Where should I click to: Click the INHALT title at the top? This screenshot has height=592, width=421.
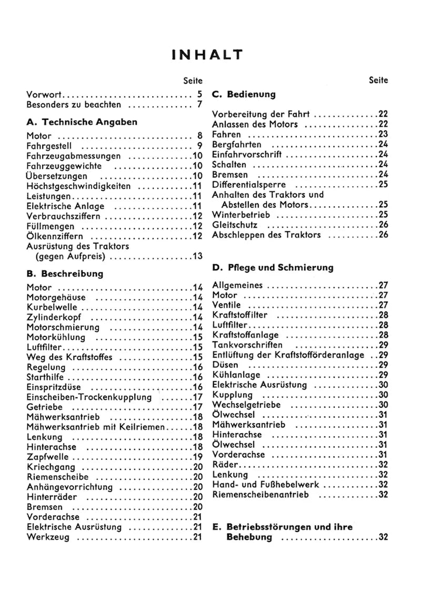click(207, 55)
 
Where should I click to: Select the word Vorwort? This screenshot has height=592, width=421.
click(45, 95)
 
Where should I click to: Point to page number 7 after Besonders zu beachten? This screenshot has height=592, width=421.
click(200, 105)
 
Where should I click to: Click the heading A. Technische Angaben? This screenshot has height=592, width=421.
click(82, 122)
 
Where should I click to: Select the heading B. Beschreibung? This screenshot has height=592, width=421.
click(65, 274)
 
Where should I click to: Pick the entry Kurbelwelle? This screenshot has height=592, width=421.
click(52, 307)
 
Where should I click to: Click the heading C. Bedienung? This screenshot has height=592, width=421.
click(244, 95)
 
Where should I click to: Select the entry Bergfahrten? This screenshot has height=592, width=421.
click(236, 145)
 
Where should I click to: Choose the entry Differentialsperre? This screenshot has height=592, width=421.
click(249, 185)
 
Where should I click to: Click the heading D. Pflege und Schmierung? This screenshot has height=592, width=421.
click(273, 268)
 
